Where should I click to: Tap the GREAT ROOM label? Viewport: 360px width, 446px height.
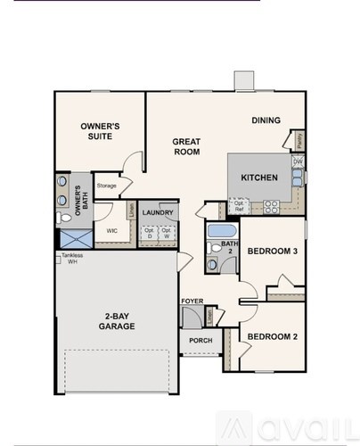pos(186,146)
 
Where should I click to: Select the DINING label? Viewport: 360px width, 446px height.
pos(266,120)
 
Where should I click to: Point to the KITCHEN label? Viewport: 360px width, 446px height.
pos(259,178)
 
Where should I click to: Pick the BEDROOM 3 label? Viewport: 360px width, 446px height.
pos(272,252)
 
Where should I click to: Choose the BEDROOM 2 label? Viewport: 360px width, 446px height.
pos(272,336)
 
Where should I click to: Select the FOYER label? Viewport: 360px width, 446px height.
pos(192,301)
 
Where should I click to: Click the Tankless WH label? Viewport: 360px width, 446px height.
pos(72,259)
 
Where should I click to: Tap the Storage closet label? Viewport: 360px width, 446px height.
pos(107,186)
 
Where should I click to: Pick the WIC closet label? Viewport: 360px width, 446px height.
pos(112,230)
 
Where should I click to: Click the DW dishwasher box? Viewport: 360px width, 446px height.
pos(297,161)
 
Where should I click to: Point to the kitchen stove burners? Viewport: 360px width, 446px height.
pos(272,207)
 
